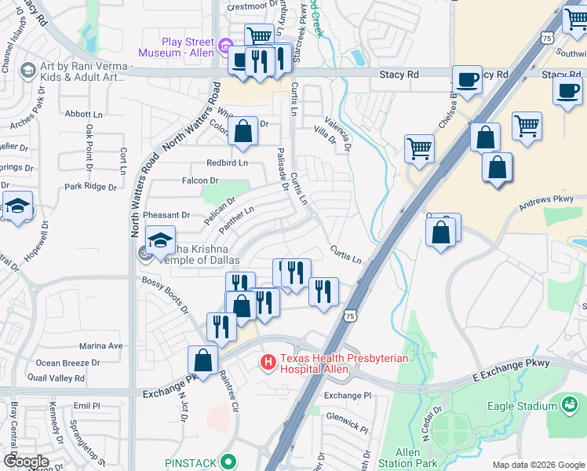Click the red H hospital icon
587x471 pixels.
pyautogui.click(x=268, y=363)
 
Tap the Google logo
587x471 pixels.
pyautogui.click(x=26, y=462)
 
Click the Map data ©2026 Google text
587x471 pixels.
pyautogui.click(x=538, y=465)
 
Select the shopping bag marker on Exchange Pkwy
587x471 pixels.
pyautogui.click(x=202, y=361)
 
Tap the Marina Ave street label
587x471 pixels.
pyautogui.click(x=101, y=345)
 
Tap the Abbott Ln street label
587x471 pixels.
pyautogui.click(x=78, y=114)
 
